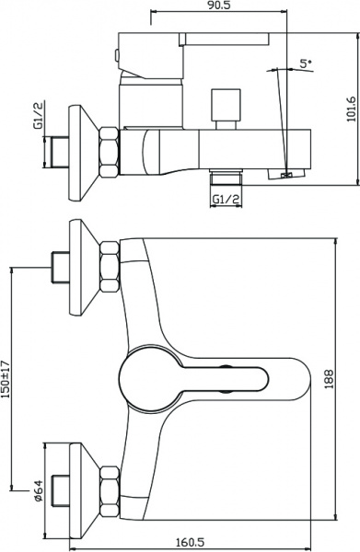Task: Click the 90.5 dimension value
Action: click(x=218, y=6)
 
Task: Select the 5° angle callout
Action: click(x=306, y=64)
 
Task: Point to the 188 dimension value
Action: click(x=329, y=379)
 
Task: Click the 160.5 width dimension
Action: click(x=191, y=542)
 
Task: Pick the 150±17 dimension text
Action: click(x=6, y=379)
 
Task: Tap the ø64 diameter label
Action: click(x=38, y=490)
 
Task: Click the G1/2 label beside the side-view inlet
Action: click(x=39, y=115)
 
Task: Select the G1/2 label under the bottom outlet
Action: click(x=226, y=200)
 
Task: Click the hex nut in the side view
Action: click(x=110, y=152)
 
